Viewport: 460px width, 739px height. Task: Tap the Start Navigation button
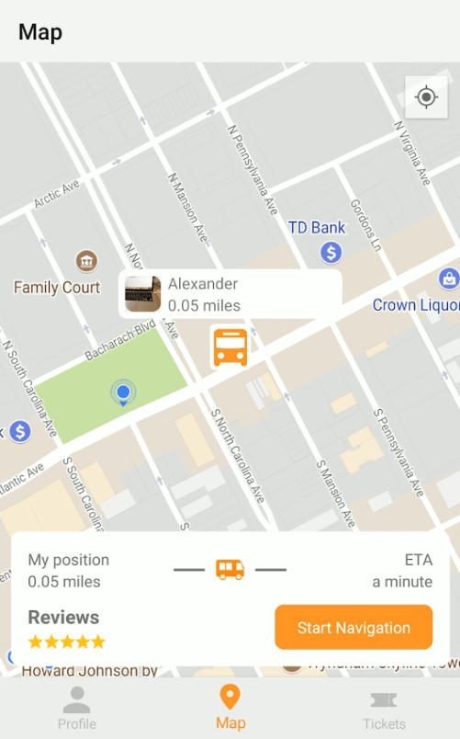tap(353, 628)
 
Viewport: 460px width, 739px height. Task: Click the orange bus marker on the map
tap(230, 347)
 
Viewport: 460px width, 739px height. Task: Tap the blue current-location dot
tap(123, 392)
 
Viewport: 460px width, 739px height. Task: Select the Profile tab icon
tap(76, 701)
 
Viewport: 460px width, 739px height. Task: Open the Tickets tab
tap(384, 709)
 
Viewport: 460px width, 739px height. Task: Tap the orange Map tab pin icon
tap(230, 698)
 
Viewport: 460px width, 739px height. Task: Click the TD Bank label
tap(317, 228)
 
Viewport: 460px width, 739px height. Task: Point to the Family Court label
tap(57, 288)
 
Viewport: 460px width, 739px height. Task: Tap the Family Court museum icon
tap(86, 262)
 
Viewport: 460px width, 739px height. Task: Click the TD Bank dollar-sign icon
tap(331, 251)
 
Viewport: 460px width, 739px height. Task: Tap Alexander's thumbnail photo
tap(143, 294)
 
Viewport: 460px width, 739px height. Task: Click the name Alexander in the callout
tap(203, 284)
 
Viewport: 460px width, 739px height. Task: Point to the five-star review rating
tap(67, 642)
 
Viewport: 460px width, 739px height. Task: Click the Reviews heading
tap(63, 617)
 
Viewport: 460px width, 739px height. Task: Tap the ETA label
tap(418, 560)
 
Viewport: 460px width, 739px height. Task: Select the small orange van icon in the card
tap(230, 570)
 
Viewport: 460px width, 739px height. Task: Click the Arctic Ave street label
tap(57, 193)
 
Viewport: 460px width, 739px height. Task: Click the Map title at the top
tap(40, 32)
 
